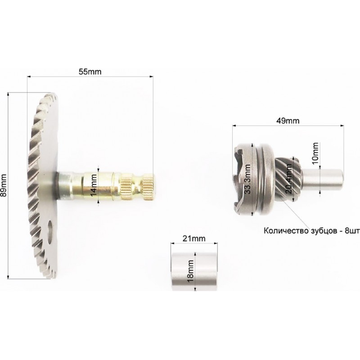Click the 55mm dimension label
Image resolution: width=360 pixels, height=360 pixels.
click(90, 72)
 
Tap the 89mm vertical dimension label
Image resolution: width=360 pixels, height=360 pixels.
click(4, 185)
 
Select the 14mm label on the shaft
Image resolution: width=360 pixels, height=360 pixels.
click(94, 185)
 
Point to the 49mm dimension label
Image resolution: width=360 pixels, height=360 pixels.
click(288, 121)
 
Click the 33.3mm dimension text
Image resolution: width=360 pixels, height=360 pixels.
click(247, 179)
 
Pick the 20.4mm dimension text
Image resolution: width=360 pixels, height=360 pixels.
click(288, 179)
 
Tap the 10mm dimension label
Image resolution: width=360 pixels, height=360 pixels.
click(316, 153)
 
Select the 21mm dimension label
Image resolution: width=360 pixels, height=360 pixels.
click(194, 238)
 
